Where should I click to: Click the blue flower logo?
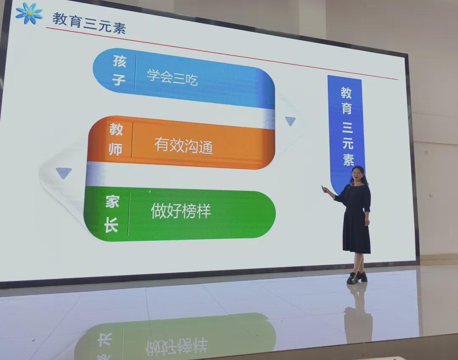point(29,13)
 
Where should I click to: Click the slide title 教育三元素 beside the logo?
point(89,23)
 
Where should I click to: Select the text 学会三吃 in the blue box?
point(172,77)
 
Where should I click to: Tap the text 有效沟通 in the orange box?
point(184,145)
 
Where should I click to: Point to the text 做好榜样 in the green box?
point(181,211)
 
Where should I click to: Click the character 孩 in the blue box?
point(120,61)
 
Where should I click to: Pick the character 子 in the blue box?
point(119,79)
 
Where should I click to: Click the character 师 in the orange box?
point(115,149)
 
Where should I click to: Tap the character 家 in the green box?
point(112,202)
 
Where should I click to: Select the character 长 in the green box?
point(111,225)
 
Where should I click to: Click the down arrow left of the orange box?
point(64,173)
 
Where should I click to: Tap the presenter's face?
point(357,174)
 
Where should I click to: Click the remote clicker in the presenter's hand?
point(323,187)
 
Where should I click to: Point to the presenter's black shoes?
point(357,277)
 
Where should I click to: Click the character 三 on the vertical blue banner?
point(348,127)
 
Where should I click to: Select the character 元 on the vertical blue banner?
point(348,143)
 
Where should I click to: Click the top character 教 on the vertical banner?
point(346,92)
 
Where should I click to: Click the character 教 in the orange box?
point(116,129)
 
